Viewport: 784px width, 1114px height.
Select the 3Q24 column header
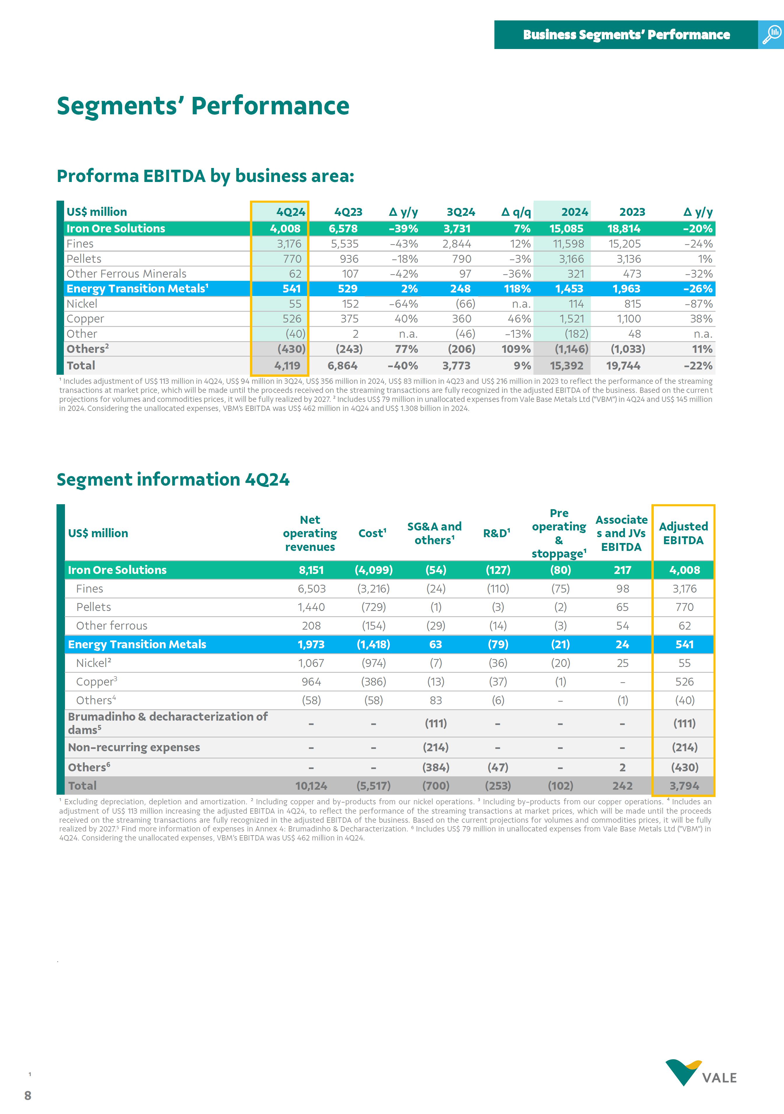click(x=461, y=212)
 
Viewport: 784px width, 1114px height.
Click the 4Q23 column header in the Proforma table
click(x=348, y=212)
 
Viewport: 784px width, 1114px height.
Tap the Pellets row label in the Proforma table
click(x=84, y=259)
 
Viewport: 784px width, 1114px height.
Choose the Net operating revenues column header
click(x=310, y=533)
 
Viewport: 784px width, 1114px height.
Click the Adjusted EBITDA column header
click(x=683, y=533)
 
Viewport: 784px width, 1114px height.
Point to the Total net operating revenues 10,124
click(x=311, y=786)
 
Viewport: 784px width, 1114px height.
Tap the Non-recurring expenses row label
click(x=134, y=747)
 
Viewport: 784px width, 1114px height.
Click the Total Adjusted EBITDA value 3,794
click(x=684, y=786)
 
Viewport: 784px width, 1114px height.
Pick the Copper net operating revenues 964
click(x=311, y=682)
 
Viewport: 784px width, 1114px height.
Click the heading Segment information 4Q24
click(x=173, y=479)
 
